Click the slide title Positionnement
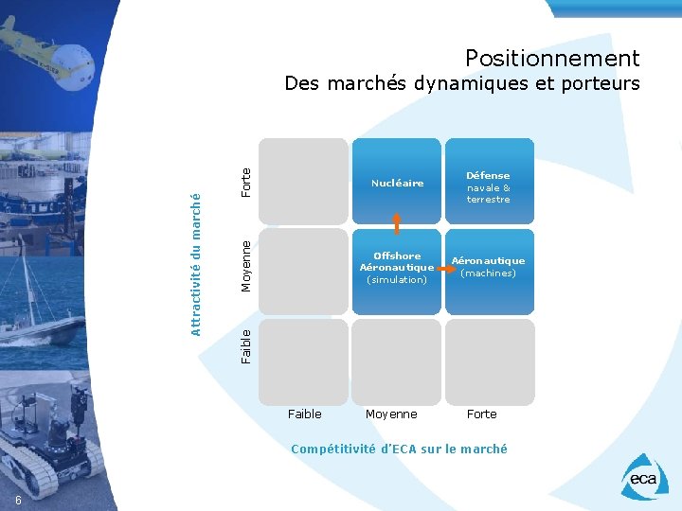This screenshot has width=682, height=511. (x=552, y=59)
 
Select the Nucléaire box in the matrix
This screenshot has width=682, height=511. (x=397, y=183)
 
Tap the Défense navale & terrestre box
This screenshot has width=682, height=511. (x=489, y=186)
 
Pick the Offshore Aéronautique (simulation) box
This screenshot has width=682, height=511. (x=397, y=268)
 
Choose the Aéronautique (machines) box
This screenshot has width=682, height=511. (x=489, y=267)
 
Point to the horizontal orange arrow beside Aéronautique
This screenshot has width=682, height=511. (x=441, y=268)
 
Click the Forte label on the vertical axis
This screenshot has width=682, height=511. (x=246, y=182)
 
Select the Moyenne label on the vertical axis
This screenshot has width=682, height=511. (x=246, y=266)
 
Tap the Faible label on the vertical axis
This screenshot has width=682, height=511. (x=246, y=345)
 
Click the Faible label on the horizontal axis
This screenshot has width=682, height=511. (x=304, y=414)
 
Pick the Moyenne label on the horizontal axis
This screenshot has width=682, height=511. (x=391, y=414)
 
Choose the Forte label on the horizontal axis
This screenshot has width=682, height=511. (x=481, y=414)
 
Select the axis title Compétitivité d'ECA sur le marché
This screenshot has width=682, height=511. (x=399, y=449)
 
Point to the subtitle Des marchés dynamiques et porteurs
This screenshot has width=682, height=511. (x=462, y=83)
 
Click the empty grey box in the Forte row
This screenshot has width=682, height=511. (x=304, y=182)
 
